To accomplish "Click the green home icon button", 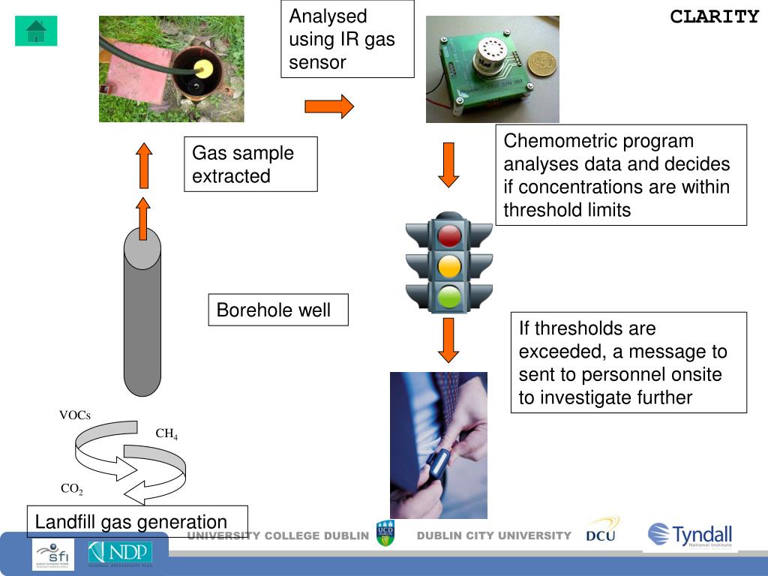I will pyautogui.click(x=36, y=31).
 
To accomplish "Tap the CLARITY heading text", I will pyautogui.click(x=714, y=16).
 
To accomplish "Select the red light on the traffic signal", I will pyautogui.click(x=449, y=235).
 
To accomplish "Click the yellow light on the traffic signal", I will pyautogui.click(x=449, y=266).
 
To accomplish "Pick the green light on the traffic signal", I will pyautogui.click(x=449, y=295).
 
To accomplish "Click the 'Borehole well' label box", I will pyautogui.click(x=278, y=310).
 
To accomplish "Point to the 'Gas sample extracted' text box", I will pyautogui.click(x=250, y=164).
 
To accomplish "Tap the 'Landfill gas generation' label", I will pyautogui.click(x=137, y=522).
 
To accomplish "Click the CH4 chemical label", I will pyautogui.click(x=166, y=433).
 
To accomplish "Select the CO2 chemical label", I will pyautogui.click(x=72, y=489).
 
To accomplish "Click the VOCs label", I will pyautogui.click(x=75, y=415).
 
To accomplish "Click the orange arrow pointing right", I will pyautogui.click(x=328, y=106).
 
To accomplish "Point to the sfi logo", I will pyautogui.click(x=53, y=555).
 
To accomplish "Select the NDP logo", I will pyautogui.click(x=120, y=553).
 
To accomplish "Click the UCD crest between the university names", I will pyautogui.click(x=385, y=533).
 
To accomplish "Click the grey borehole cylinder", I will pyautogui.click(x=142, y=315).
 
